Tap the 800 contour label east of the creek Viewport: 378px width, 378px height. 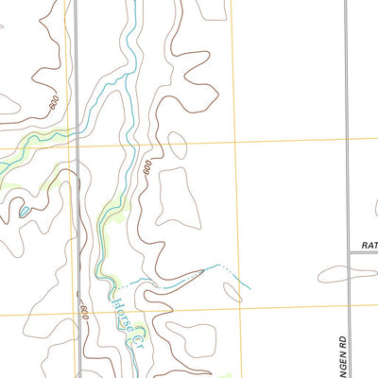click(148, 169)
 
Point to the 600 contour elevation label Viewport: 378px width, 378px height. click(84, 311)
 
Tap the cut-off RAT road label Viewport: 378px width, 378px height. click(369, 245)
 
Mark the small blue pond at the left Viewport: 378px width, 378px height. click(24, 212)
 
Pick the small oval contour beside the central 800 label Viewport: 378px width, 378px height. click(177, 146)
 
